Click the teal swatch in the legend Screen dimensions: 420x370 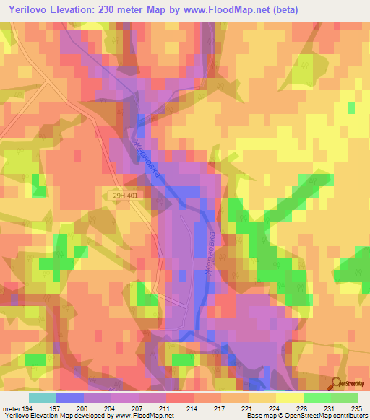42,398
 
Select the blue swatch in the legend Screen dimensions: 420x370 69,398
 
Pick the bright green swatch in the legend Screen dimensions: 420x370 317,398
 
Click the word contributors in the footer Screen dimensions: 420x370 348,416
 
